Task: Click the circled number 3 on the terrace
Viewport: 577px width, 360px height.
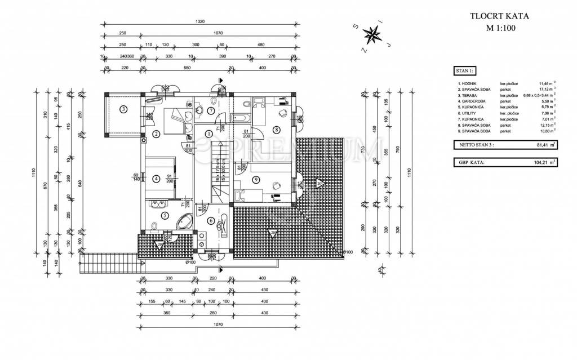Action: pyautogui.click(x=123, y=109)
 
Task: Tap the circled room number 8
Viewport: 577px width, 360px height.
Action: pyautogui.click(x=276, y=129)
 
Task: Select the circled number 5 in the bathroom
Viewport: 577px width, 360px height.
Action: pyautogui.click(x=165, y=215)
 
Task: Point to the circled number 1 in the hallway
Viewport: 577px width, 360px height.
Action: pyautogui.click(x=209, y=134)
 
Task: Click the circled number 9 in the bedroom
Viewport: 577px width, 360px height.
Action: pyautogui.click(x=256, y=180)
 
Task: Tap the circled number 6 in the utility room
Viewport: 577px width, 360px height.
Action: pyautogui.click(x=211, y=221)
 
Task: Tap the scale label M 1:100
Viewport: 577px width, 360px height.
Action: pyautogui.click(x=495, y=28)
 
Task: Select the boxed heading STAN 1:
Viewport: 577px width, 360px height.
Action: pyautogui.click(x=464, y=71)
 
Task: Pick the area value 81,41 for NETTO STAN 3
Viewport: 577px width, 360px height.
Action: pyautogui.click(x=541, y=145)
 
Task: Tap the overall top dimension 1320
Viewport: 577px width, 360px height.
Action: pyautogui.click(x=199, y=21)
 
